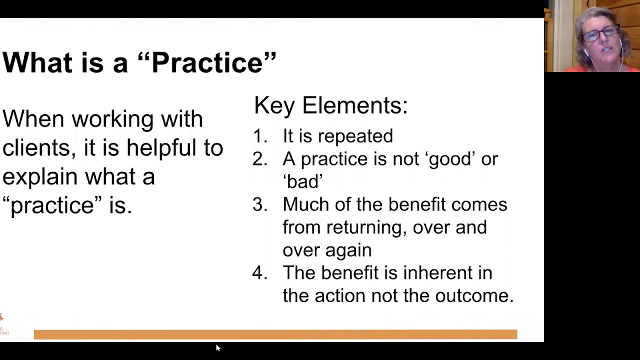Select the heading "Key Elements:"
click(330, 105)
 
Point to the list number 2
click(259, 159)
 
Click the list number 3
click(259, 204)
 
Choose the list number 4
click(259, 273)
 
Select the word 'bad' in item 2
click(302, 181)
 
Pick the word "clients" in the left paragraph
click(37, 148)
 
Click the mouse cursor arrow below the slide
click(217, 347)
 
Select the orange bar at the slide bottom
click(275, 334)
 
